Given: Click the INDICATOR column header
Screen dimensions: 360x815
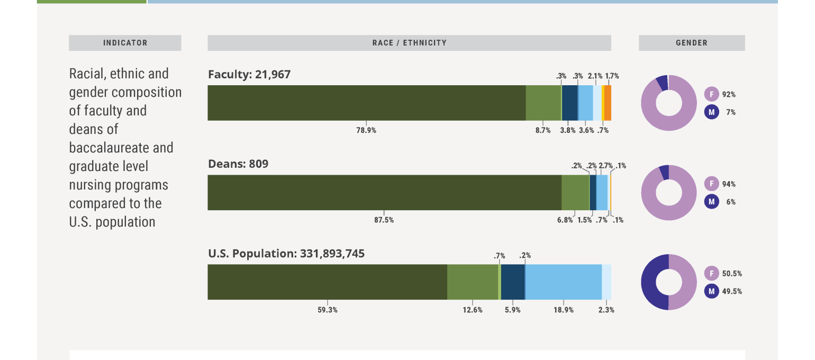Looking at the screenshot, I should click(125, 43).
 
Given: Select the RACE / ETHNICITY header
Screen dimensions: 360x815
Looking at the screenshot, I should click(409, 43).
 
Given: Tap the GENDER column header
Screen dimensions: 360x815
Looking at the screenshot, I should click(691, 43).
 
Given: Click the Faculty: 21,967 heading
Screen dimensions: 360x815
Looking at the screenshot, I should click(249, 75).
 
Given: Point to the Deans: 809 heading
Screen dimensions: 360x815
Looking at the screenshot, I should click(238, 164).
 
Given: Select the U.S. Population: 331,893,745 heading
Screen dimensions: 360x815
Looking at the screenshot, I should click(286, 254).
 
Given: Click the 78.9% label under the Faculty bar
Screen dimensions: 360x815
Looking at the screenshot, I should click(366, 130).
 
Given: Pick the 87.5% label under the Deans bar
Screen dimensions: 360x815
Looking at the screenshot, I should click(384, 220).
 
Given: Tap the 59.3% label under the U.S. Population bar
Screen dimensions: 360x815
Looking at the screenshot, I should click(327, 310).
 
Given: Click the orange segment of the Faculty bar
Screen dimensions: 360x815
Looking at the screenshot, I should click(608, 103).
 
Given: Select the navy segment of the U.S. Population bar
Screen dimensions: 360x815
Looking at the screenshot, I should click(512, 282).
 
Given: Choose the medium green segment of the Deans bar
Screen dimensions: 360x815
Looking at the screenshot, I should click(575, 192).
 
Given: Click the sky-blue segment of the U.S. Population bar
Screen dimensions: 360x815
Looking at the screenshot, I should click(563, 282).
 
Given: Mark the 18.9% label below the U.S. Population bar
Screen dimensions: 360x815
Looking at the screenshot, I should click(563, 310).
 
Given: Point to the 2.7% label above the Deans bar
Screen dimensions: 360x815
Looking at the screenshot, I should click(605, 166).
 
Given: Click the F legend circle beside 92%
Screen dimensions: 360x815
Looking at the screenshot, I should click(712, 95).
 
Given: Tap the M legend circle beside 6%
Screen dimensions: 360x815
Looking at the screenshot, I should click(712, 202).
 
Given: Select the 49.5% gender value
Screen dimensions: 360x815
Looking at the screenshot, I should click(732, 291).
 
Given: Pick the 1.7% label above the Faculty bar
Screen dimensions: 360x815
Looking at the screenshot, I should click(612, 76).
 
